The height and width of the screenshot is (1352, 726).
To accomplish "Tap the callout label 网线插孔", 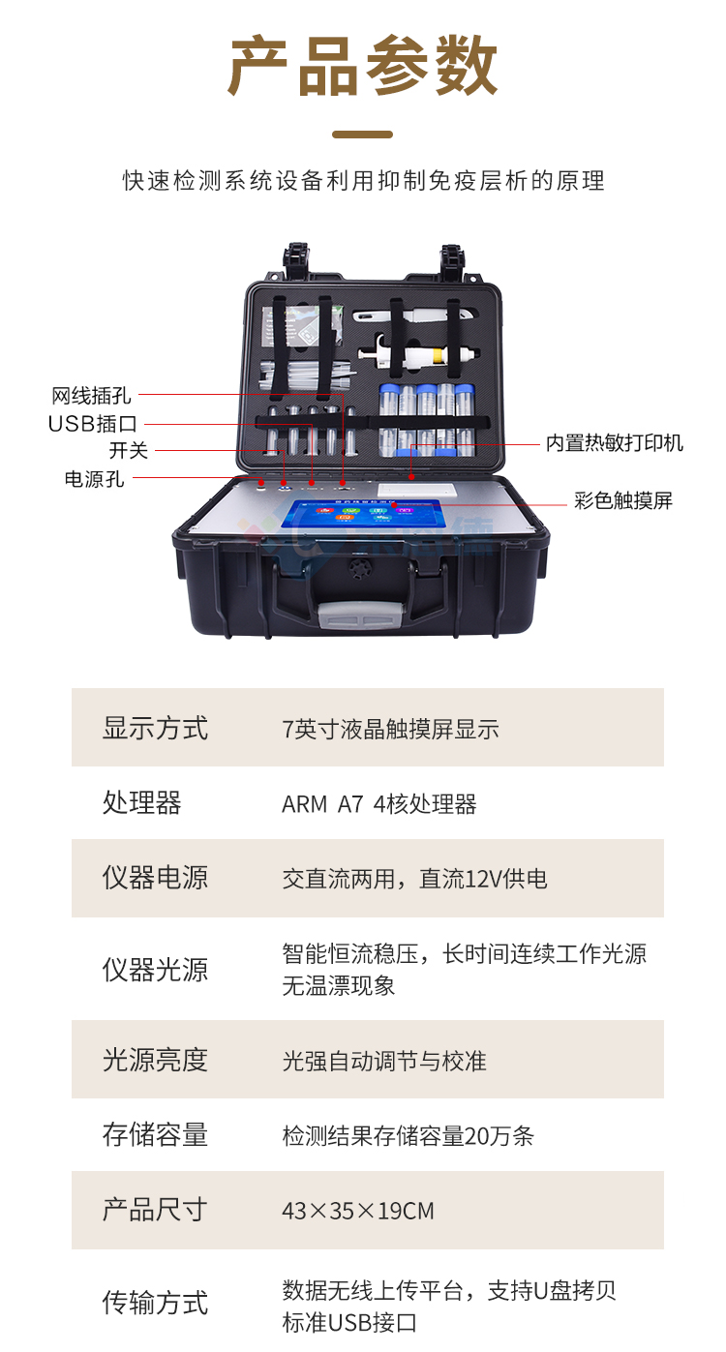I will (x=91, y=395).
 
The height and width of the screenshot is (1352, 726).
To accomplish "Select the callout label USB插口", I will (x=93, y=424).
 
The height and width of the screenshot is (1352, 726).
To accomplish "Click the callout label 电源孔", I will (x=94, y=479).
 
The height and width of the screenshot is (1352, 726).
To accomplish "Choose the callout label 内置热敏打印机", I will (x=614, y=443).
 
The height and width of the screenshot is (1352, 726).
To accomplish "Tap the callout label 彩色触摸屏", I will (x=622, y=500).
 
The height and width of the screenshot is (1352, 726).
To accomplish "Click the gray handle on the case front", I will (x=361, y=614).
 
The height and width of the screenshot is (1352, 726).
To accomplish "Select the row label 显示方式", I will (x=155, y=728).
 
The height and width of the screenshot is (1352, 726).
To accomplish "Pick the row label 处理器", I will (x=141, y=802).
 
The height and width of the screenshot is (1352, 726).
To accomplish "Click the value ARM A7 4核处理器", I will (x=378, y=804).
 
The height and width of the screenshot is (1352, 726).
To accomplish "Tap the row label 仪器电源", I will (x=155, y=878).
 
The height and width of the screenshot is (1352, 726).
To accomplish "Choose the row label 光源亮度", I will (x=155, y=1060).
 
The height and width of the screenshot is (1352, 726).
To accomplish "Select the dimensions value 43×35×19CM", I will (x=357, y=1211).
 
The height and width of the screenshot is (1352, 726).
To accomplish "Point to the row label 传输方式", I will (x=155, y=1302).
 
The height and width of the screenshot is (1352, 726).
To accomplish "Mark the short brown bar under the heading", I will (x=363, y=135).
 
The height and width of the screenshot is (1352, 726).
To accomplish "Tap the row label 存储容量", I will (x=155, y=1134).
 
